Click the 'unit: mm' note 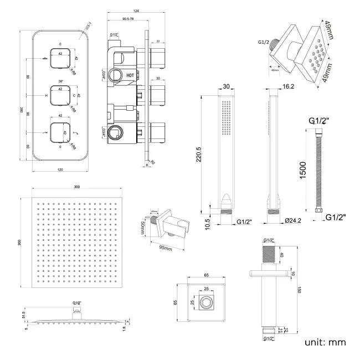pos(325,342)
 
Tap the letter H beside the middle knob pos(45,95)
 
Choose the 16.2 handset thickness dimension pos(287,86)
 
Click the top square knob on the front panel pos(60,58)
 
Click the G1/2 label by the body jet pos(264,42)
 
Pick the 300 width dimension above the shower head pos(76,187)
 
